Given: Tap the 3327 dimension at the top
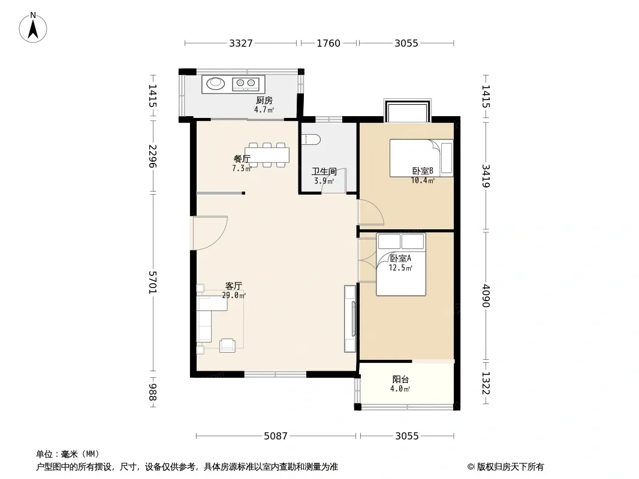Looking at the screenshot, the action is click(241, 43).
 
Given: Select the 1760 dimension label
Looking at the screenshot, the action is click(328, 43).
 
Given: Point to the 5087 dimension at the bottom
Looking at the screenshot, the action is click(276, 436).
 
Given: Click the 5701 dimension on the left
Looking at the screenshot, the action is click(153, 282).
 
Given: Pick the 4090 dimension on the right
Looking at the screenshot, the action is click(486, 296).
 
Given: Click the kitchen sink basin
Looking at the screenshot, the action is click(216, 83).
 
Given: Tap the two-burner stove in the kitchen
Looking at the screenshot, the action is click(246, 84).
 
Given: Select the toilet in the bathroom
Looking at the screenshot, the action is click(312, 140).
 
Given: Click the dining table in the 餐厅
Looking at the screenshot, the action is click(267, 155).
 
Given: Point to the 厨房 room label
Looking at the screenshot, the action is click(264, 100).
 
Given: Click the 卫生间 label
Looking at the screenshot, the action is click(324, 172).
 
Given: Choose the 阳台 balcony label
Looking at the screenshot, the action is click(400, 379).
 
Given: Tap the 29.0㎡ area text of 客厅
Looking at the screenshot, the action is click(234, 295).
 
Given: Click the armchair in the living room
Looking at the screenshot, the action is click(227, 345).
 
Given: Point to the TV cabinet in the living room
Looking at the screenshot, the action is click(350, 319).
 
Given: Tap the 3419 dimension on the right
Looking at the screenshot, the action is click(486, 176).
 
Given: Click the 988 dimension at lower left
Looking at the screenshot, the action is click(153, 392).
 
